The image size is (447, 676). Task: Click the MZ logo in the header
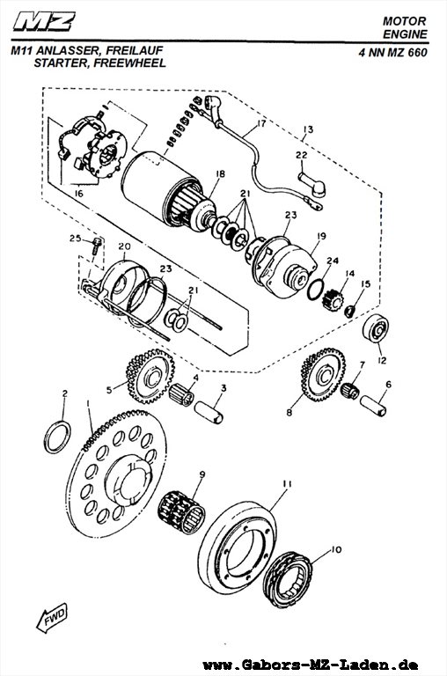pos(44,21)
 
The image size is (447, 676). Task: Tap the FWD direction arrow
pos(52,617)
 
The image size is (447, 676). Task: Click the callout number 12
pos(382,360)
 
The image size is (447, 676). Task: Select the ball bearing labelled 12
pos(376,328)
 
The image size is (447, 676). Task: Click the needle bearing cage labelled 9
pos(181,513)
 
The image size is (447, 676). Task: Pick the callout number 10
pos(336,549)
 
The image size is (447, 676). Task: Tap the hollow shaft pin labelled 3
pos(209,412)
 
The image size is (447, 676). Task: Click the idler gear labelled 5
pos(150,376)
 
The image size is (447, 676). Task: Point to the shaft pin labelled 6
pos(373,406)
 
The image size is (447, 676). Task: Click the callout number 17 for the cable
pos(260,124)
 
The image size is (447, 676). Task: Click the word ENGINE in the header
pos(405,34)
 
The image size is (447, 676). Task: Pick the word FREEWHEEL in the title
pos(129,63)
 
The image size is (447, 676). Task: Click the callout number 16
pos(78,194)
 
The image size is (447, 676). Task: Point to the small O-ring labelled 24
pos(317,289)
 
